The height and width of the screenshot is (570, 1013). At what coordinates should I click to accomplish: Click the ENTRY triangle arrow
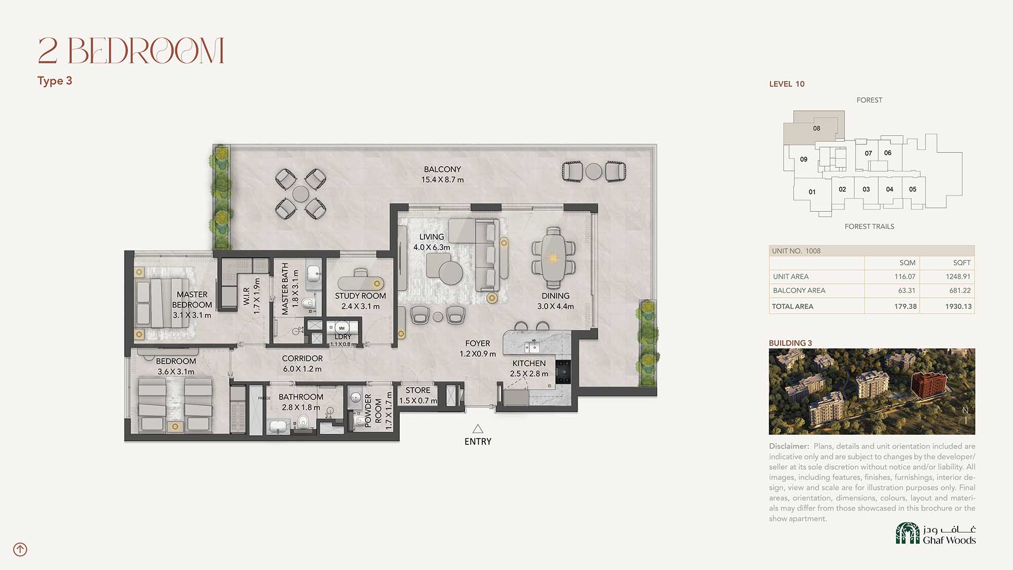[478, 429]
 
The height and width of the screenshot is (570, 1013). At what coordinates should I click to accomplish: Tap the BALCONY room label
[442, 169]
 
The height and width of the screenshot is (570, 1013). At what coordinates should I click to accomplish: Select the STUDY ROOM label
[360, 296]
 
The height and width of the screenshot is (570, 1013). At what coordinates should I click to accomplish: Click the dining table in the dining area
[553, 258]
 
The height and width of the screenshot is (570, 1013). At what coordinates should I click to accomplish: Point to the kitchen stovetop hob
[563, 372]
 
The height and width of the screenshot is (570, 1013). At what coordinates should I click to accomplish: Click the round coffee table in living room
[450, 273]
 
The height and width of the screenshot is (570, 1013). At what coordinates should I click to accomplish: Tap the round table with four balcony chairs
[300, 194]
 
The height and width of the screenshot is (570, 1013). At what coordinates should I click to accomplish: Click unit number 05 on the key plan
[913, 189]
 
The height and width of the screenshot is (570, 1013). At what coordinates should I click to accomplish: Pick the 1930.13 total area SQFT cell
[958, 307]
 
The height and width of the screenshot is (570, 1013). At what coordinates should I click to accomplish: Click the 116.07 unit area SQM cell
[905, 277]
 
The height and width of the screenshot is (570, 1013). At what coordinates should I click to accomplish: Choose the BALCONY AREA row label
[799, 290]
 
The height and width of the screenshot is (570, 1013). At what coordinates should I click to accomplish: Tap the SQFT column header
[961, 262]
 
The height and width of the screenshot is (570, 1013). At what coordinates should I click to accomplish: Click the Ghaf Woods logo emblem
[908, 533]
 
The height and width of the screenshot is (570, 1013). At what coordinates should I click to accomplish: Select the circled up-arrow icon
[20, 549]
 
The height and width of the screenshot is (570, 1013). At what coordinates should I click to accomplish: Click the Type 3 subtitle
[55, 81]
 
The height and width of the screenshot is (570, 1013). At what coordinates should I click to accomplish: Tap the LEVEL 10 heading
[787, 84]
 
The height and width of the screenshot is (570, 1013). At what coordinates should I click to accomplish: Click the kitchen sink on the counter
[531, 347]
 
